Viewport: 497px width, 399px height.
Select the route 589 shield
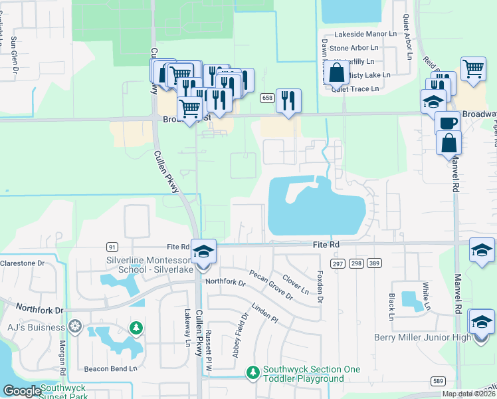(437, 380)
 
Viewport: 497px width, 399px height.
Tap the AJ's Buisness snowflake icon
(75, 327)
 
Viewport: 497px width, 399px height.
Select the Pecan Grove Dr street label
(271, 285)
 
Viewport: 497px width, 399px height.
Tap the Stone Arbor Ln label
(353, 48)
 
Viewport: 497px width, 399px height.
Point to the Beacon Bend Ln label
(110, 368)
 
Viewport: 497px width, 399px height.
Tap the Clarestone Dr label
(22, 263)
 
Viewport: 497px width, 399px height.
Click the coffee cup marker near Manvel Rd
(448, 123)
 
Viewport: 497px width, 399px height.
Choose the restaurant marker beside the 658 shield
(288, 101)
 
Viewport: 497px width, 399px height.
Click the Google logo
(22, 392)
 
